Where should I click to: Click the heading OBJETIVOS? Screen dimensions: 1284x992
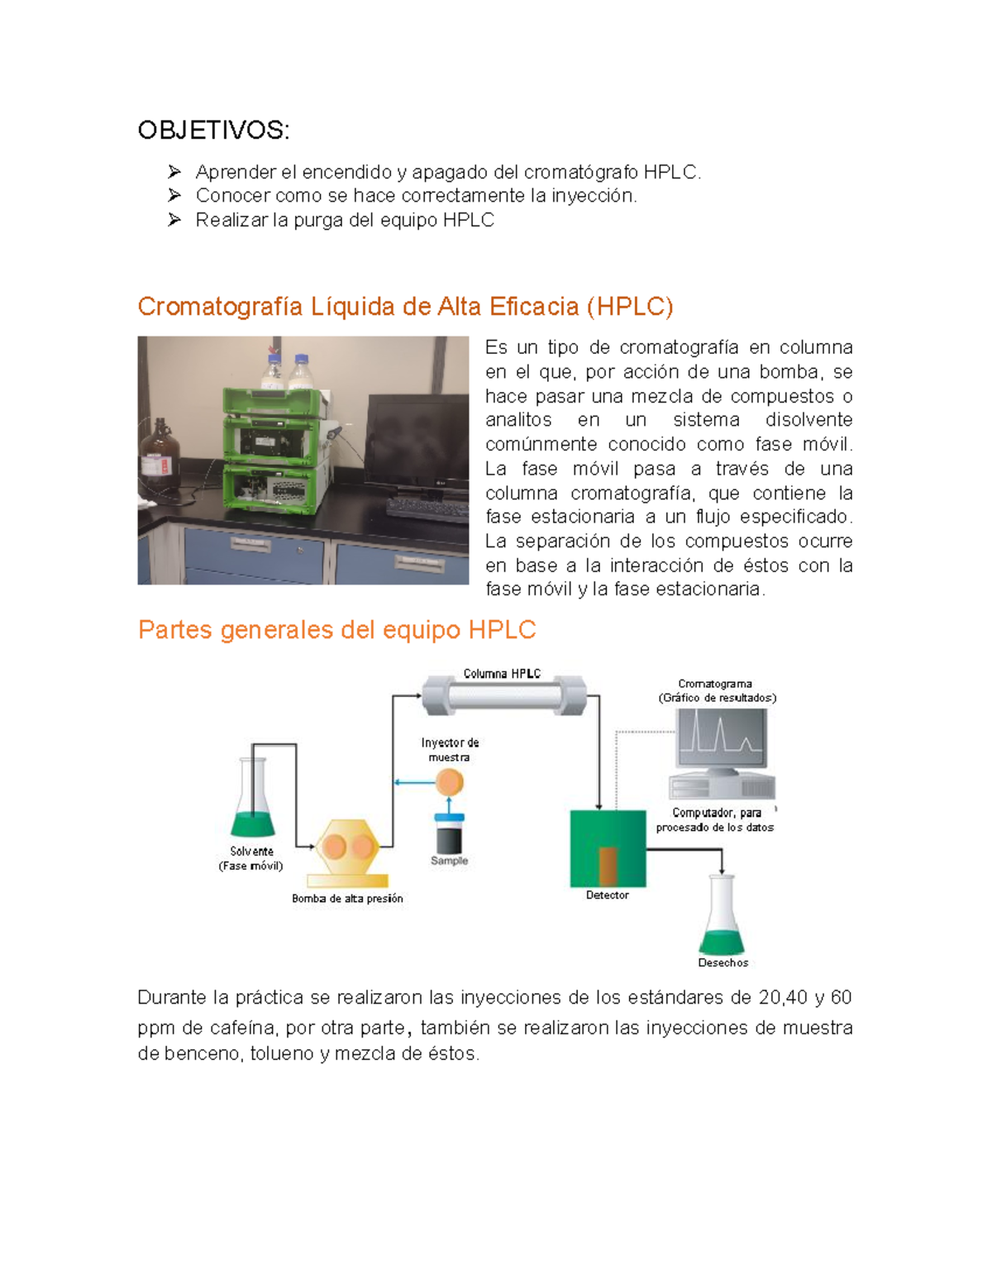point(213,130)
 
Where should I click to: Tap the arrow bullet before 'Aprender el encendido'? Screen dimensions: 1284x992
point(174,172)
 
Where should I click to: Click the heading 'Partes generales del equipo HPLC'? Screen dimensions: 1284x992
point(336,630)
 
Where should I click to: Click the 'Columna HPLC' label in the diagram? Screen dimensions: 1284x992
point(502,674)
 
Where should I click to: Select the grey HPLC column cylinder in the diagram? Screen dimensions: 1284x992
point(504,695)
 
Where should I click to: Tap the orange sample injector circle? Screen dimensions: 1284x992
point(449,781)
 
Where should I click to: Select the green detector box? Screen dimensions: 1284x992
point(608,847)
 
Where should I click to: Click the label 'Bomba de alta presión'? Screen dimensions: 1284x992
point(347,899)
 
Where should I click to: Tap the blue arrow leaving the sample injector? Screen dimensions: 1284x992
point(413,781)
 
